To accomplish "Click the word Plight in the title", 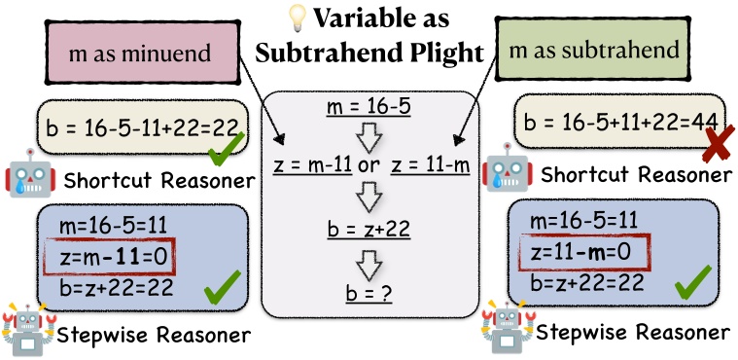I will click(446, 53).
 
